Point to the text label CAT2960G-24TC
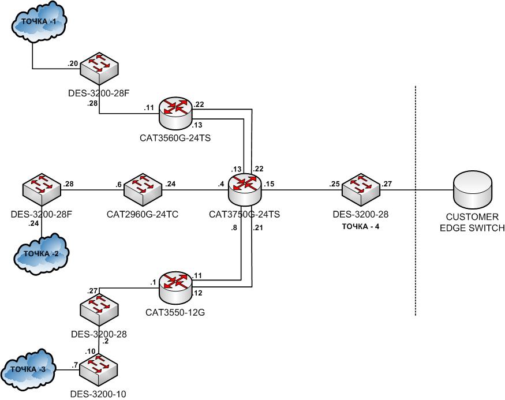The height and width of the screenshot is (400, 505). [143, 214]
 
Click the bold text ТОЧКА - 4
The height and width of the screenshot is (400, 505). [361, 226]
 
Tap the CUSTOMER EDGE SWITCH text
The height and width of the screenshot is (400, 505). [472, 222]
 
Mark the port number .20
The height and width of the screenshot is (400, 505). [73, 64]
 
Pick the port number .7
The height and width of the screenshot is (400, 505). [74, 365]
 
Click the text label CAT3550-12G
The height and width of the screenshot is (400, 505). [176, 312]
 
